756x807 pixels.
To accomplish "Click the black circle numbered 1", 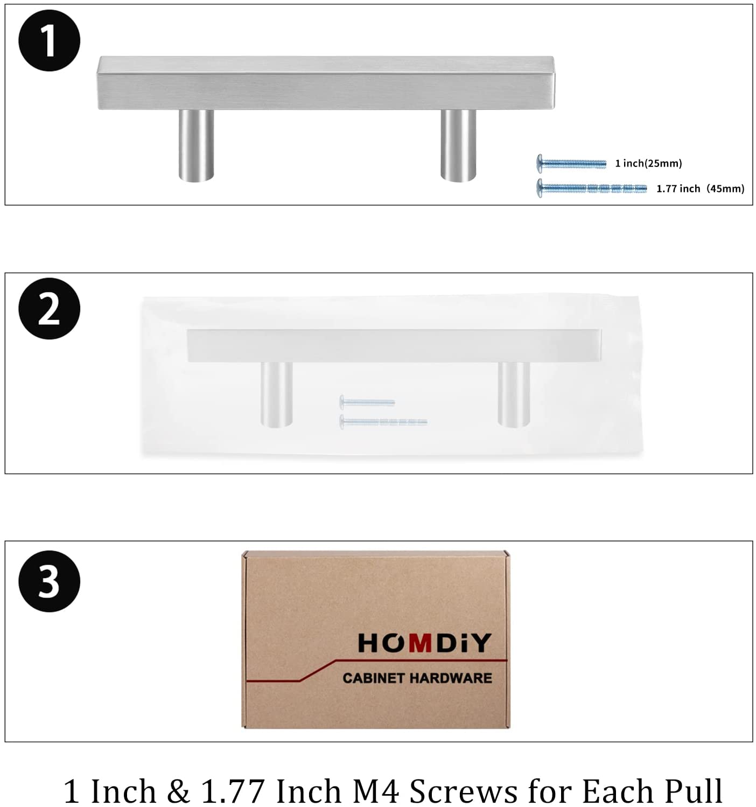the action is pos(49,40).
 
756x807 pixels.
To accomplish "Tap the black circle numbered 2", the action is pos(49,308).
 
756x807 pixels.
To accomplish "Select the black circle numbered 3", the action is pos(49,581).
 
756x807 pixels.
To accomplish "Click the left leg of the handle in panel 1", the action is pos(196,145).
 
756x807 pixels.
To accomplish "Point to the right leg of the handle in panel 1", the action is pos(458,145).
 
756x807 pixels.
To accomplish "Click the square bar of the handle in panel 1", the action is pos(326,83).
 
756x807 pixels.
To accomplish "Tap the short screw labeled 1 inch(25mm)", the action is pos(571,164).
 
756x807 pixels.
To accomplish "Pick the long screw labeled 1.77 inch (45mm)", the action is pos(591,188).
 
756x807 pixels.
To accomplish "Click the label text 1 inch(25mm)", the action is pos(648,163).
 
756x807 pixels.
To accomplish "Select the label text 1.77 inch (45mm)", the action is pos(701,189).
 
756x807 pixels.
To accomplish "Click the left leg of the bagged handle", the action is pos(277,394).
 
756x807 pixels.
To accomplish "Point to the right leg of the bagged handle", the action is pos(514,394).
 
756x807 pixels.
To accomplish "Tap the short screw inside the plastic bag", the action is pos(367,402).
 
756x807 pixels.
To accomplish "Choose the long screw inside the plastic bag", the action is pos(383,422).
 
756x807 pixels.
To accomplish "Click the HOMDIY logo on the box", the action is pos(424,643).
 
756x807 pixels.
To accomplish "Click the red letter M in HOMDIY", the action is pos(420,643).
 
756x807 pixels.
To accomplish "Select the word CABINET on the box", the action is pos(373,678).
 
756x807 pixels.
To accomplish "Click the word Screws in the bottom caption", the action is pos(464,791).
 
